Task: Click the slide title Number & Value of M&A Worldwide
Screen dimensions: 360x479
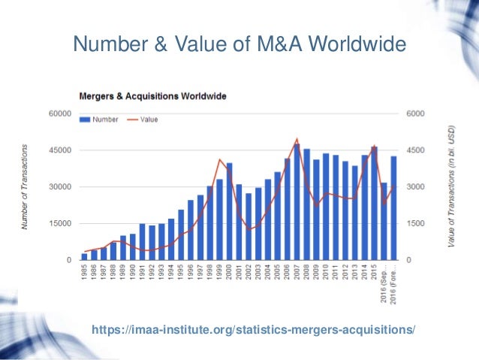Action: (239, 46)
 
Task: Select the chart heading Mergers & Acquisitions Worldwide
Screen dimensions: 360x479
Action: (153, 96)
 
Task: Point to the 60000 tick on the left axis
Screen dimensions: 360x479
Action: (60, 114)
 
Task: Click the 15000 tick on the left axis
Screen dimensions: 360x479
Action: (60, 224)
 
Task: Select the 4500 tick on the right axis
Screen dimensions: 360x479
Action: (416, 151)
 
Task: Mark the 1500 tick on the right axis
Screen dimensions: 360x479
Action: (416, 224)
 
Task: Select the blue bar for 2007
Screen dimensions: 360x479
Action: (297, 203)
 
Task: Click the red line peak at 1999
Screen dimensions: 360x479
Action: (219, 159)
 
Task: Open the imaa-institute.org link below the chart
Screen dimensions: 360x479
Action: (252, 329)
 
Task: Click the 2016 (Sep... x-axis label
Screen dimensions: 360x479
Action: (384, 281)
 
